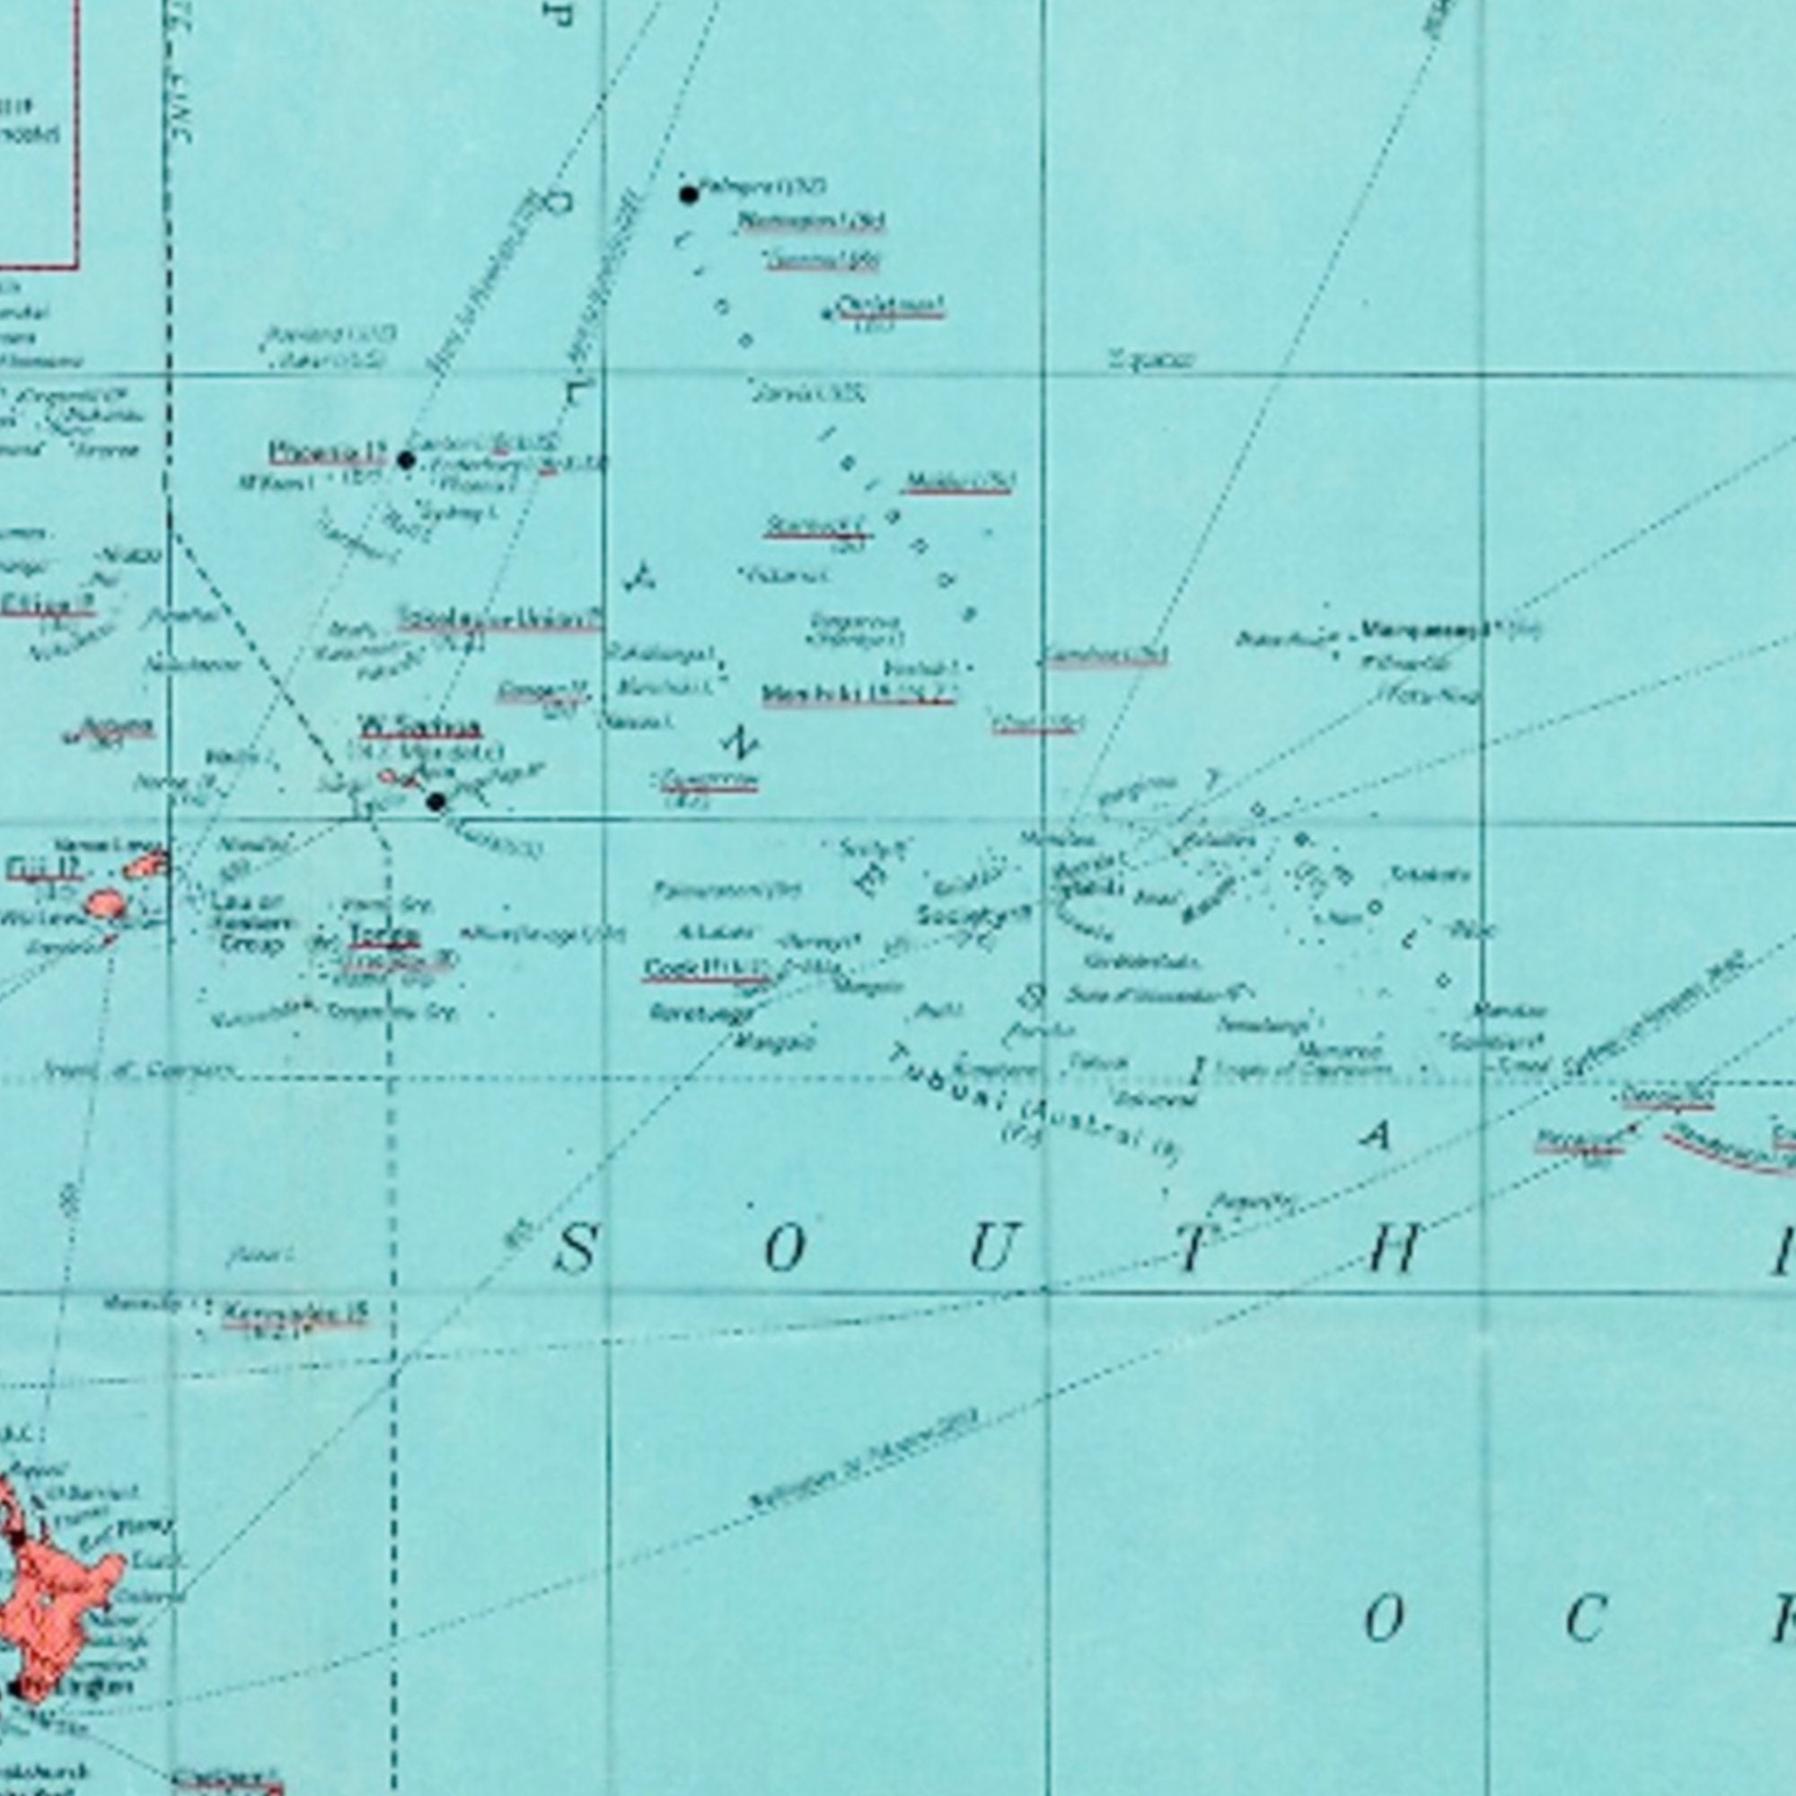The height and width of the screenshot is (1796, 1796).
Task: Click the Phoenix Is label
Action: click(326, 453)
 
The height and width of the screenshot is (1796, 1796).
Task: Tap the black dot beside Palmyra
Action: click(689, 194)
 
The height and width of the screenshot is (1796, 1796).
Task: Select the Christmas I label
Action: click(890, 305)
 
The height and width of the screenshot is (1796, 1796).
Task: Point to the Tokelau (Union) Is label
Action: click(500, 618)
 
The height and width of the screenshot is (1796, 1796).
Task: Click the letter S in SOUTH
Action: click(576, 1248)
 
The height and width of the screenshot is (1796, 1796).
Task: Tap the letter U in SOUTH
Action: click(991, 1248)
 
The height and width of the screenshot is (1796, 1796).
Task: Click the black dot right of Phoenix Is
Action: click(406, 459)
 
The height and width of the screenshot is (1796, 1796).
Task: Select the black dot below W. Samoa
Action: click(436, 801)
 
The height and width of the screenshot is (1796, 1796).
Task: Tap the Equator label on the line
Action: click(1151, 359)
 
